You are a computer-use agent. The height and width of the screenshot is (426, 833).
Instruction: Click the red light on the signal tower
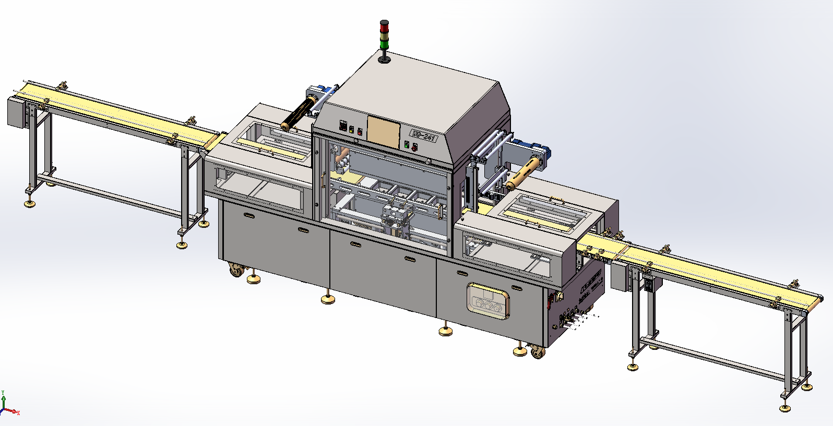(385, 25)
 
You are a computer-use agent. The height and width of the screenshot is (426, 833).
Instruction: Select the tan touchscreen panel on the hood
(383, 130)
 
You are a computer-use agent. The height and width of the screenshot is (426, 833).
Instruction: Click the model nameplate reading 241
(423, 135)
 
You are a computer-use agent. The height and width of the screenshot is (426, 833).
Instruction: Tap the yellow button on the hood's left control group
(351, 130)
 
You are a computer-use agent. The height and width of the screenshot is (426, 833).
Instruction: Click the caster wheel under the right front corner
(537, 352)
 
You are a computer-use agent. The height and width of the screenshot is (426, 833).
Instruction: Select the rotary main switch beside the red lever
(561, 297)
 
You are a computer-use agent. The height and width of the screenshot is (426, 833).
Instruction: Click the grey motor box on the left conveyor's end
(17, 112)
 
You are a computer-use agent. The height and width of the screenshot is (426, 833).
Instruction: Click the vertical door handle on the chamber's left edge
(324, 180)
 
